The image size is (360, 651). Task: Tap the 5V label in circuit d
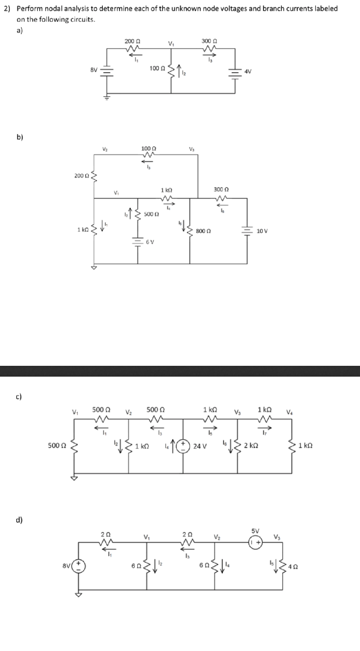pos(255,530)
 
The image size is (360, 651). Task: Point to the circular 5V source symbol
pos(255,540)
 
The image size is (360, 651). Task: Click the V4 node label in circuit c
pos(296,411)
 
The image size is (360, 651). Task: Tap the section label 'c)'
pos(20,396)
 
